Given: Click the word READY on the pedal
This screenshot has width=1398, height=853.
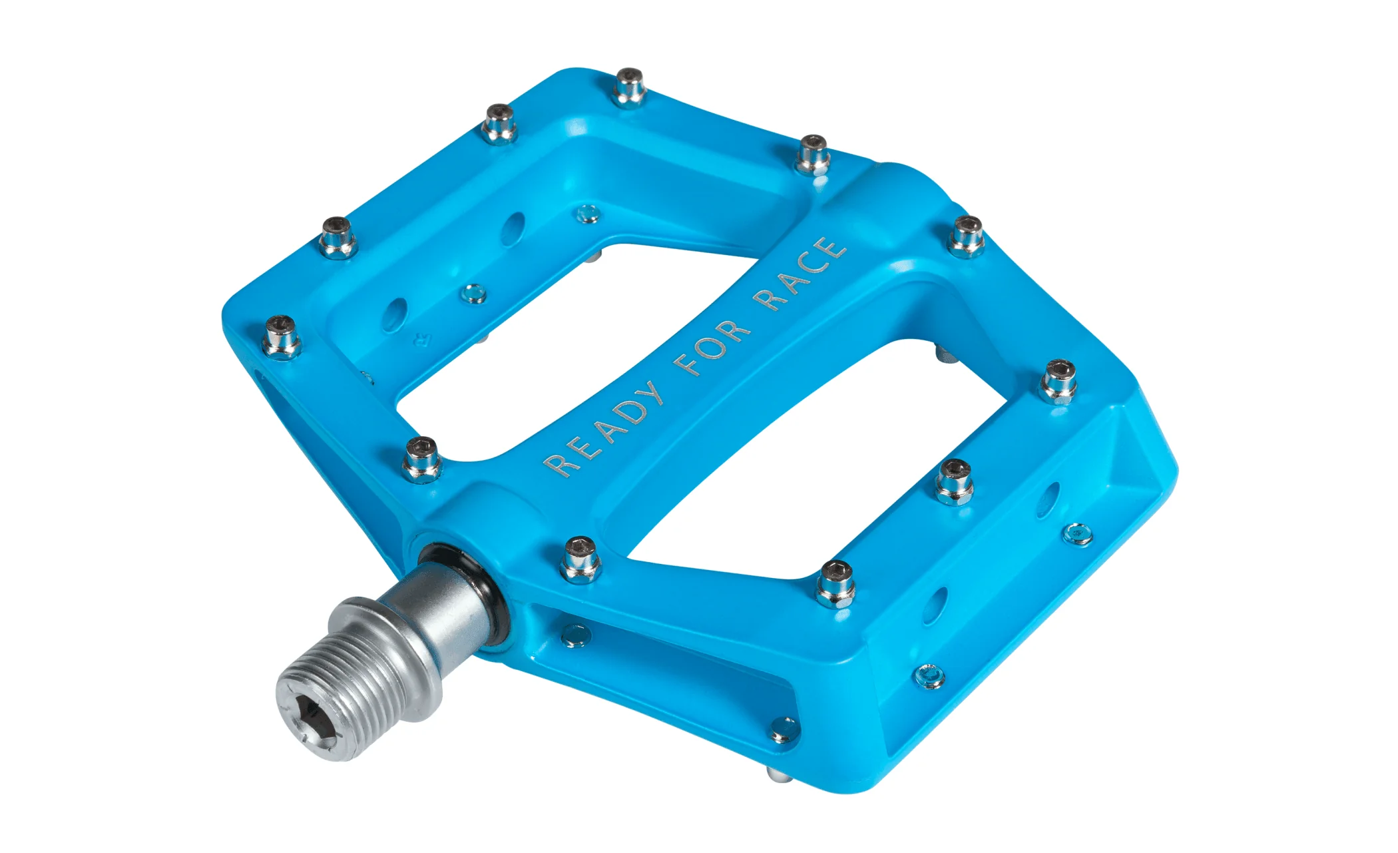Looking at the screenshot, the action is [604, 429].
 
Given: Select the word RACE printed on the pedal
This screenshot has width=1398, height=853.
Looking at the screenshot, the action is [800, 274].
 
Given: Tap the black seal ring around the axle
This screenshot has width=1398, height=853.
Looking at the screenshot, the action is [466, 586].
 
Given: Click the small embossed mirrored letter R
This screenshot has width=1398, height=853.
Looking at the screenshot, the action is [420, 338].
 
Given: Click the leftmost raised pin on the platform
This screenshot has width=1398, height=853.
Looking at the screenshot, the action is [282, 337].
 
